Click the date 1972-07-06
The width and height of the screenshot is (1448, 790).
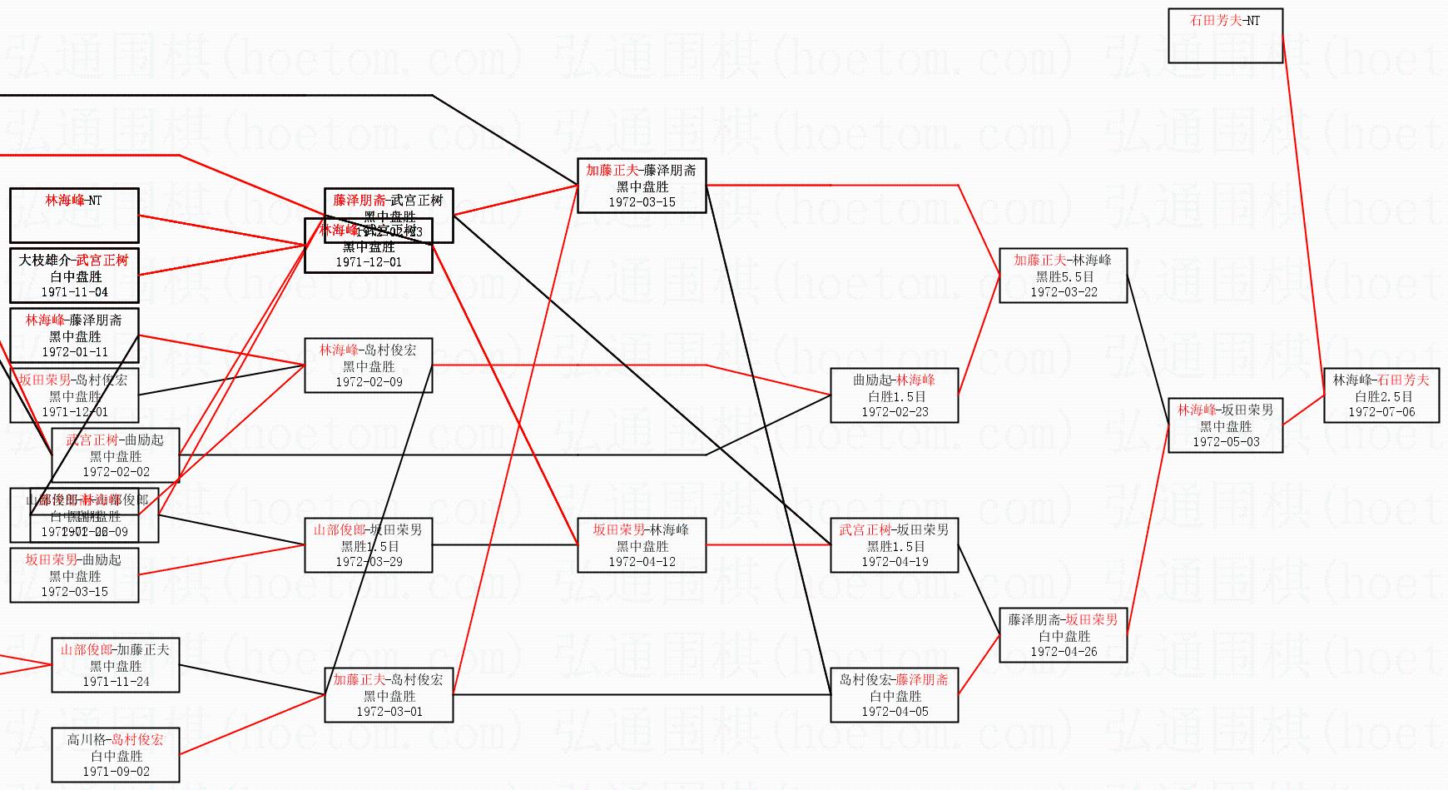[1381, 411]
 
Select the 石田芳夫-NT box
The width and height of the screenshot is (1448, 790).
[1225, 35]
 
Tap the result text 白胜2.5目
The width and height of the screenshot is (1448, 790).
[1381, 396]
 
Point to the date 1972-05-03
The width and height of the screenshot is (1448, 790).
[1226, 441]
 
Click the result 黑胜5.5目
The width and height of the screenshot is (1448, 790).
[1064, 276]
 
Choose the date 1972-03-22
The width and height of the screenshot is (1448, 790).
[1064, 291]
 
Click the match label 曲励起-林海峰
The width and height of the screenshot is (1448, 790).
[894, 380]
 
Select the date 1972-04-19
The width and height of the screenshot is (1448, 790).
[895, 561]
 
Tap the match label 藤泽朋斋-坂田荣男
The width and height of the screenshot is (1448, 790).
[1063, 620]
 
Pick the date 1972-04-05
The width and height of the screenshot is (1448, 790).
[895, 711]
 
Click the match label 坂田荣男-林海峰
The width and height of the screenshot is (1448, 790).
[641, 530]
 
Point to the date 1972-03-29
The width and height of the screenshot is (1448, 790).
[369, 561]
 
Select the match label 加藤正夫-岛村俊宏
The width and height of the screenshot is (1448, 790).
[388, 680]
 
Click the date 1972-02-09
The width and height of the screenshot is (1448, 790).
[369, 381]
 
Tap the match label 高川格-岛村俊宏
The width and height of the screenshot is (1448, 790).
[115, 740]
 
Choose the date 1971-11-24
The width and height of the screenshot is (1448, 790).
[116, 681]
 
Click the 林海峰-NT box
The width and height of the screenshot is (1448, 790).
[74, 215]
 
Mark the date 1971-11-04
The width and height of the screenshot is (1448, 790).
[74, 291]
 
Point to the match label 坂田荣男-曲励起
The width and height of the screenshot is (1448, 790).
[73, 560]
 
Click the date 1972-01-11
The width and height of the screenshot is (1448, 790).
[74, 351]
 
